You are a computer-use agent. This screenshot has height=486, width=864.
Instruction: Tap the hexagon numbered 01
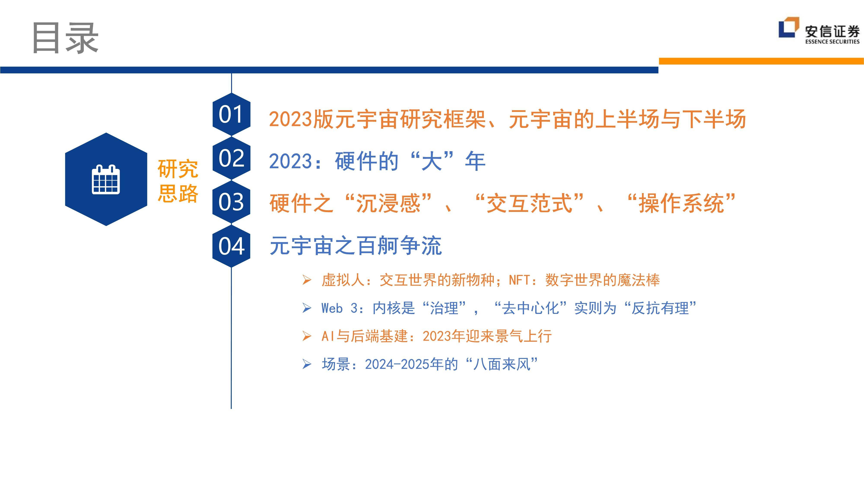(x=231, y=114)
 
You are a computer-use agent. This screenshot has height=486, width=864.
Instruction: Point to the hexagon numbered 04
(x=231, y=246)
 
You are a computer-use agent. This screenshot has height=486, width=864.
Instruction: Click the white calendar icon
(x=106, y=179)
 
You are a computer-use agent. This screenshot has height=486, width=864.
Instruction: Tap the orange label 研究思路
(x=178, y=181)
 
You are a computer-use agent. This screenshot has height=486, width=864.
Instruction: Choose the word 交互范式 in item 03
(x=529, y=203)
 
